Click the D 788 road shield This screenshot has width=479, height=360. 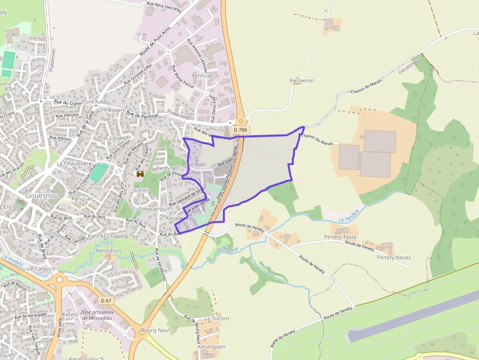240,130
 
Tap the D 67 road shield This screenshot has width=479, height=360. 106,300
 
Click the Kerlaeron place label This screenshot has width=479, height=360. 302,81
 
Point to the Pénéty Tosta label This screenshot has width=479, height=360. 340,237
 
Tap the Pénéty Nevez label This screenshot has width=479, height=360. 393,257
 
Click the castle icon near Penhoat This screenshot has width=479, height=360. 140,173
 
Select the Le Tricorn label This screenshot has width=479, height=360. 217,318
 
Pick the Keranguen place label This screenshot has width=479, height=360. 212,346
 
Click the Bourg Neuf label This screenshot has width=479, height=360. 155,330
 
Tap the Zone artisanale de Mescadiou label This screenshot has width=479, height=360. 97,315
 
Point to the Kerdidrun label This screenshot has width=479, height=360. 108,250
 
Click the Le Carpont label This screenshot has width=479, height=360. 41,269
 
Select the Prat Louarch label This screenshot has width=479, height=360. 114,138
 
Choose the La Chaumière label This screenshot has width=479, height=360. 74,164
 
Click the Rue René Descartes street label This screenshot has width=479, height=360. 164,7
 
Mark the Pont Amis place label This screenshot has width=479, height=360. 95,102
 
